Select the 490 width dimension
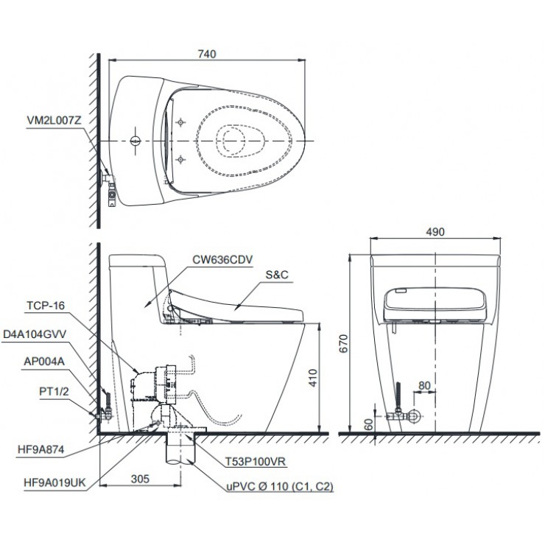(x=436, y=231)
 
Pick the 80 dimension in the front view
(x=423, y=384)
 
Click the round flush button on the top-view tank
(x=135, y=140)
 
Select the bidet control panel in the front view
(x=436, y=304)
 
